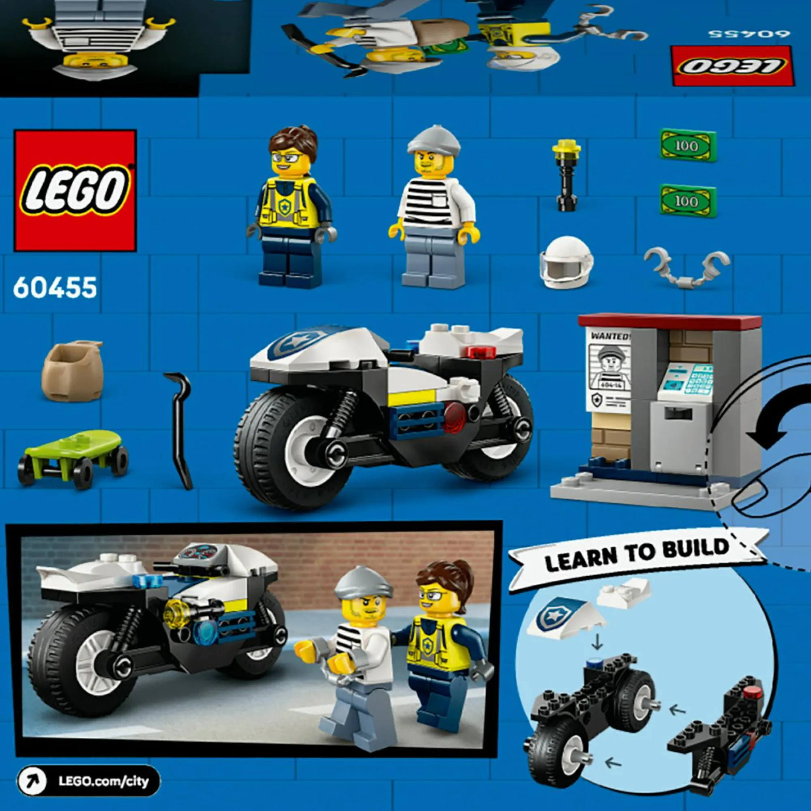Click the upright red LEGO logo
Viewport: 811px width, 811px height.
[x=75, y=190]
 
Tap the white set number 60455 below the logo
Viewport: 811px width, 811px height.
[x=55, y=288]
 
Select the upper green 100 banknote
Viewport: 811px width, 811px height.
[x=687, y=145]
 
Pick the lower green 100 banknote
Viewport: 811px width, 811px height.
[x=687, y=201]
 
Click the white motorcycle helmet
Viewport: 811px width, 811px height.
[x=566, y=262]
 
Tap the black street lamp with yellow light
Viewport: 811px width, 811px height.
[x=566, y=176]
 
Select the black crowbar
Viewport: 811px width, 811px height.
[x=180, y=430]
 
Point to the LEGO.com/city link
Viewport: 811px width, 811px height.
[x=88, y=781]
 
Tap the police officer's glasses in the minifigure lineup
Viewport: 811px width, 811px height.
[x=287, y=158]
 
